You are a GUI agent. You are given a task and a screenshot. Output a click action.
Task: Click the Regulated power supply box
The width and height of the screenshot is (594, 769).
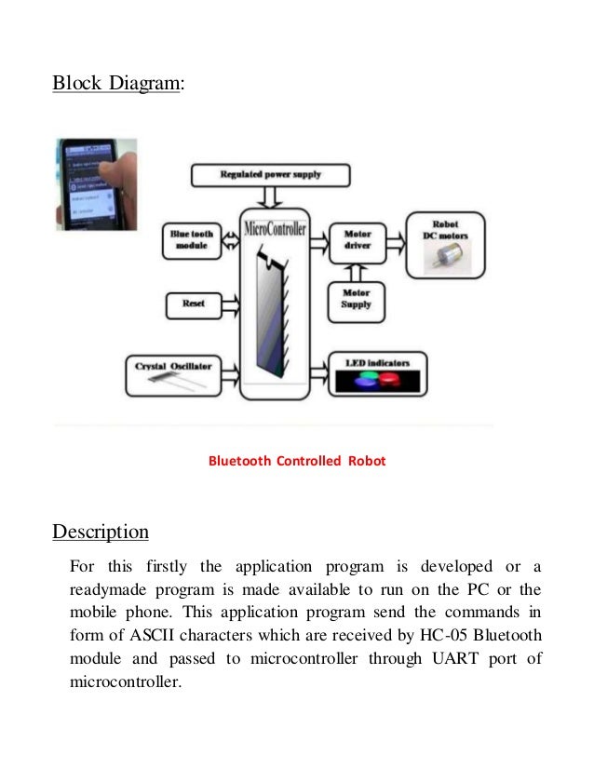pos(270,174)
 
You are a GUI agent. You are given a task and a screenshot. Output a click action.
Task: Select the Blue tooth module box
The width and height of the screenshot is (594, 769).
pos(192,238)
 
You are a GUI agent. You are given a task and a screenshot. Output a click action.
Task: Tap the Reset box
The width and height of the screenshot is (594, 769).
pos(193,304)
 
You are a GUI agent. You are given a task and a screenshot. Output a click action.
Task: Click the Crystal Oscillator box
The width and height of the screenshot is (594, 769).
pos(174,371)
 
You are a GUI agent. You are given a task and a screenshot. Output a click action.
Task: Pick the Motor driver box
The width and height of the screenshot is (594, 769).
pos(358,239)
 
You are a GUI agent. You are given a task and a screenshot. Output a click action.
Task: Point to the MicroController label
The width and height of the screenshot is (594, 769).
pos(274,228)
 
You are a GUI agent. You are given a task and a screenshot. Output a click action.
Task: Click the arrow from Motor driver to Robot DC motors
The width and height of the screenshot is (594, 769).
pos(395,239)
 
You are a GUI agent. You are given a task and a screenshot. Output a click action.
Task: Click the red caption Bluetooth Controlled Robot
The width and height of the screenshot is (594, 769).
pos(296,460)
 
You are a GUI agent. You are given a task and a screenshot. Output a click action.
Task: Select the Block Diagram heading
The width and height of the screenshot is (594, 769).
pos(117,84)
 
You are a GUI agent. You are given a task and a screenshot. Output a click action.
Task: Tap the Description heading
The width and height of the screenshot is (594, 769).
pos(101,533)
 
